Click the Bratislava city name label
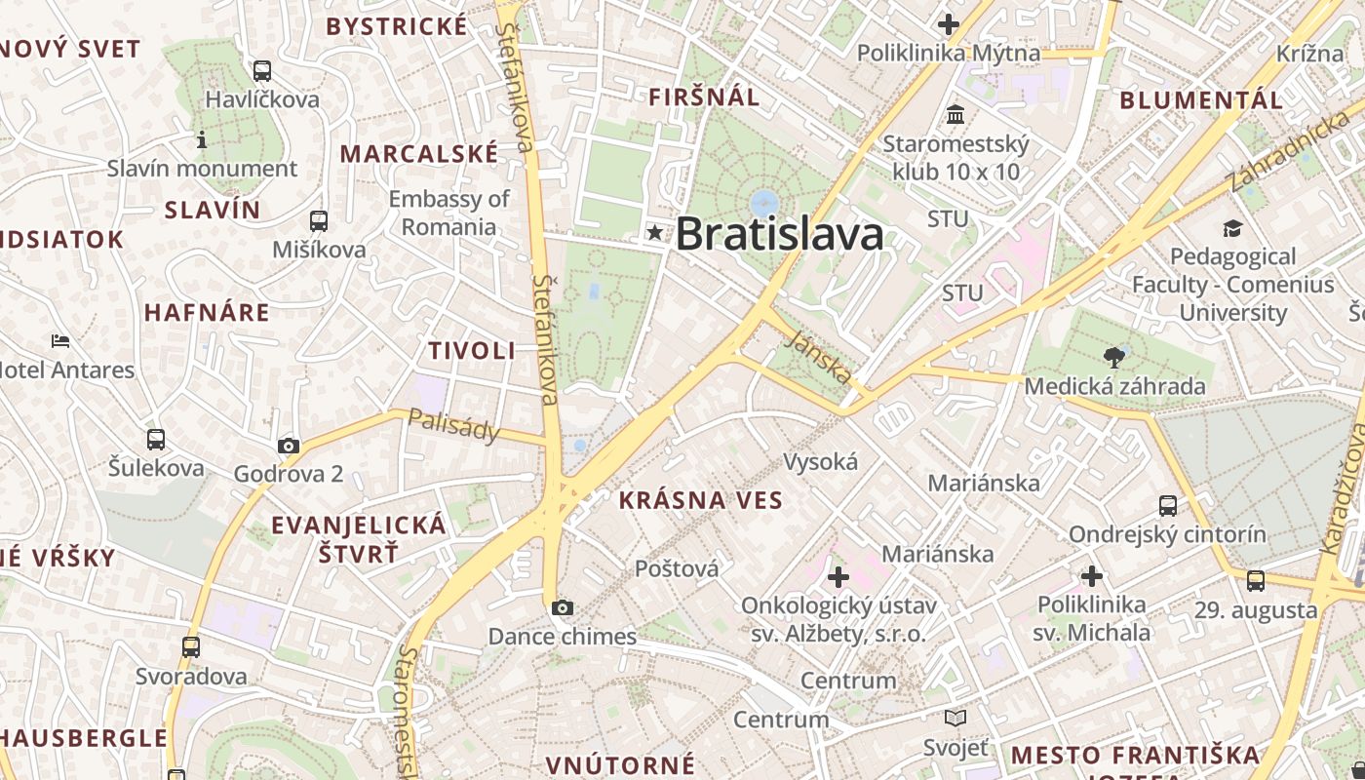pos(779,234)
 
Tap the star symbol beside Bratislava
pos(655,233)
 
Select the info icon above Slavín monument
pos(202,140)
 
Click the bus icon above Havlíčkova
pos(261,70)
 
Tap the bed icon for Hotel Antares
pos(60,341)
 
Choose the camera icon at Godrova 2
pos(288,447)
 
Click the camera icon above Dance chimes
pos(562,608)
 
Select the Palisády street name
pos(452,425)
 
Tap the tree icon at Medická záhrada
pos(1112,358)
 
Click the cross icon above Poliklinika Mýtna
pos(948,24)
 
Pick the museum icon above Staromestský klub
pos(955,115)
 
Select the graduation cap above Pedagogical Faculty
pos(1232,229)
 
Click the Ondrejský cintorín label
pos(1167,534)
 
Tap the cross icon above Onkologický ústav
pos(838,577)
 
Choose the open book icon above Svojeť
pos(955,719)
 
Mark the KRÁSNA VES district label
pos(700,501)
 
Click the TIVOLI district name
pos(472,351)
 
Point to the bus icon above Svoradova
pos(191,646)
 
